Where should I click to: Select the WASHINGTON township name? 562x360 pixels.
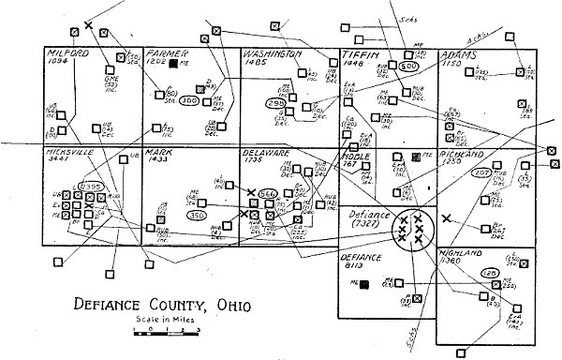[x=273, y=54]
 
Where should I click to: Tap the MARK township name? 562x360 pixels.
[x=159, y=152]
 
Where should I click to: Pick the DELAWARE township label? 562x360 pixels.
[x=266, y=152]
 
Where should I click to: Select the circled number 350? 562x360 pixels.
[x=197, y=216]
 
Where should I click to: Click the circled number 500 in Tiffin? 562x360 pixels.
[x=408, y=67]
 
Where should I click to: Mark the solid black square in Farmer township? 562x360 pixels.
[x=174, y=64]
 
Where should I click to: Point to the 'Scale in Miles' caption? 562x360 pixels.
[x=158, y=322]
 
